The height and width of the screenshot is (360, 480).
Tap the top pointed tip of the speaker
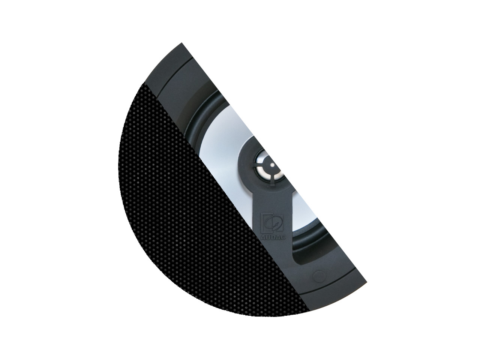[181, 45]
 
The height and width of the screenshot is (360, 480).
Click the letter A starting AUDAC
[261, 236]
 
